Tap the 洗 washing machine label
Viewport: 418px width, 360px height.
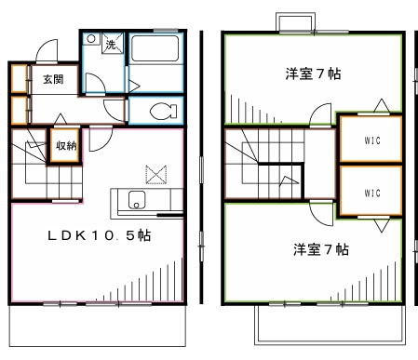click(111, 44)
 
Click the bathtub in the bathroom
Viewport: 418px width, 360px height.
click(155, 50)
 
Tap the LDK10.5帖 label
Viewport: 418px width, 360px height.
click(100, 236)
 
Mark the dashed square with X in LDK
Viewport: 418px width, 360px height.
click(153, 173)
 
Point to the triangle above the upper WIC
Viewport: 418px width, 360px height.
click(378, 105)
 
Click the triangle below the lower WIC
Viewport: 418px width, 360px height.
click(378, 225)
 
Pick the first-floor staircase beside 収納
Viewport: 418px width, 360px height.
click(30, 163)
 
